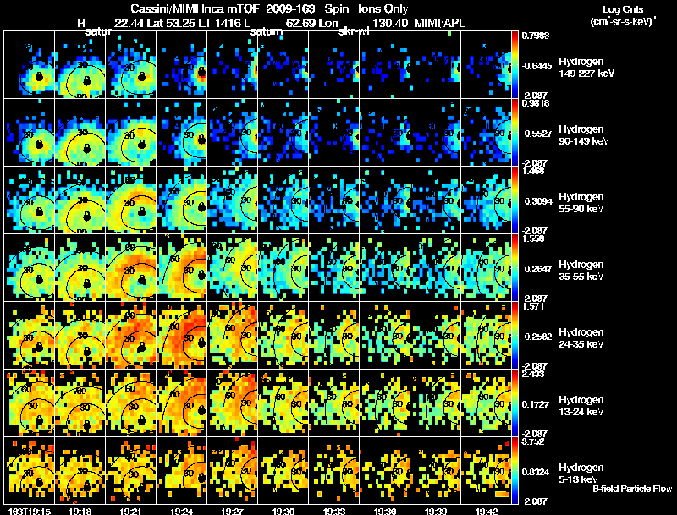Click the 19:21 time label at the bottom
tap(131, 511)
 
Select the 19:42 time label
tap(487, 511)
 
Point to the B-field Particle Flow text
tap(631, 488)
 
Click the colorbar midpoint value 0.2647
tap(535, 270)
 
